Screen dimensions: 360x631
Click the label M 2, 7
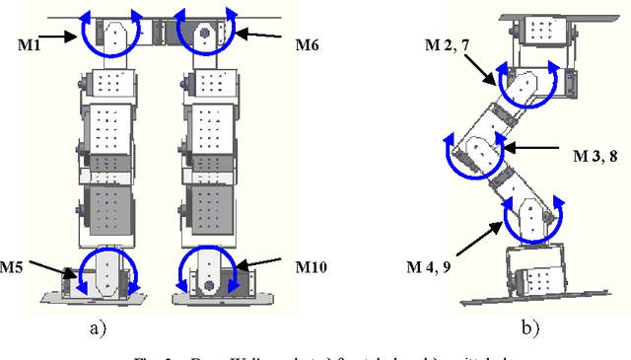[x=442, y=46]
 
